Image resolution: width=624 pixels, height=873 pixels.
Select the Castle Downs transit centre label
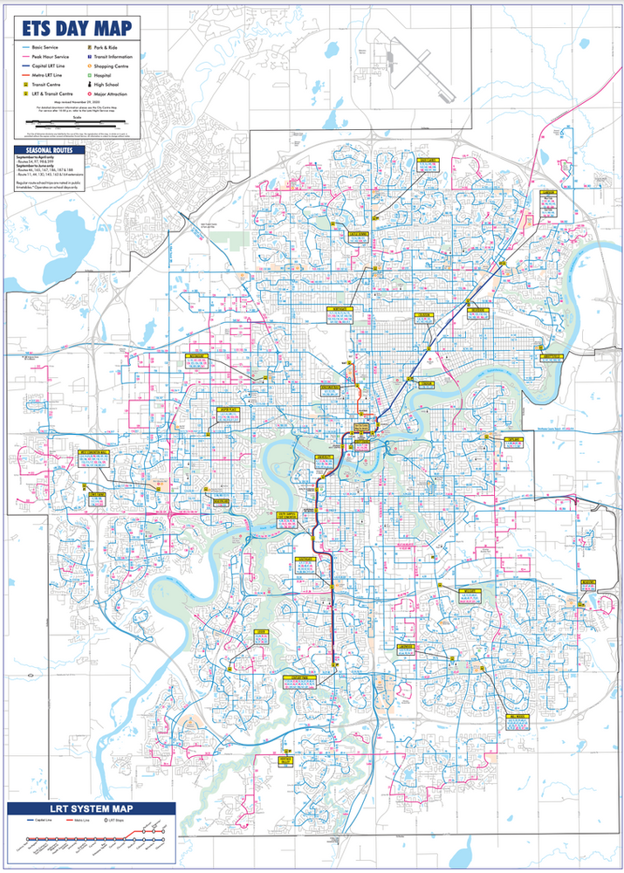359,235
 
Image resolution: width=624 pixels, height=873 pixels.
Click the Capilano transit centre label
513,441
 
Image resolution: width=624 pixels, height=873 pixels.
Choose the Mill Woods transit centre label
518,718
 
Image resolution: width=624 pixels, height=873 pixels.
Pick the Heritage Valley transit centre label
284,760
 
